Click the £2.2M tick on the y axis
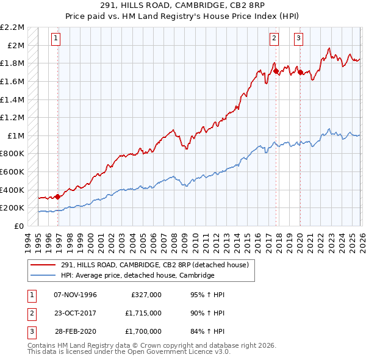tap(13, 27)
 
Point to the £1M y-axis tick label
tap(16, 135)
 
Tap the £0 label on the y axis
tap(20, 226)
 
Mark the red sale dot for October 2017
tap(276, 71)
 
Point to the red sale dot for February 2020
tap(300, 72)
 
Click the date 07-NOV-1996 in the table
tap(75, 295)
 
